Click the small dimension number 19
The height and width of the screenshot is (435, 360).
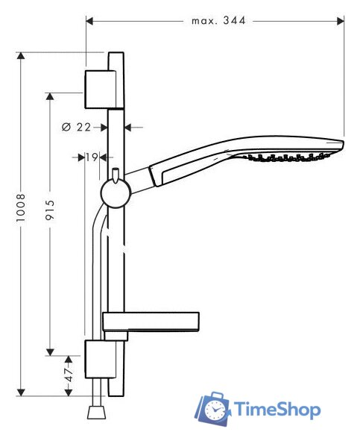tap(92, 157)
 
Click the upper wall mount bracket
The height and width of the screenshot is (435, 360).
tap(100, 89)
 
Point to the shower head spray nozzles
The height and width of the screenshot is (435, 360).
tap(291, 157)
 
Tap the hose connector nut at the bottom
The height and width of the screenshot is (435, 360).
tap(95, 413)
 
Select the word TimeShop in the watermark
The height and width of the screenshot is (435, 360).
tap(277, 409)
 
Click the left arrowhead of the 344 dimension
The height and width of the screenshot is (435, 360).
tap(89, 21)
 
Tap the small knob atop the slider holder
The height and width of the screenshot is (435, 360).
tap(116, 176)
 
